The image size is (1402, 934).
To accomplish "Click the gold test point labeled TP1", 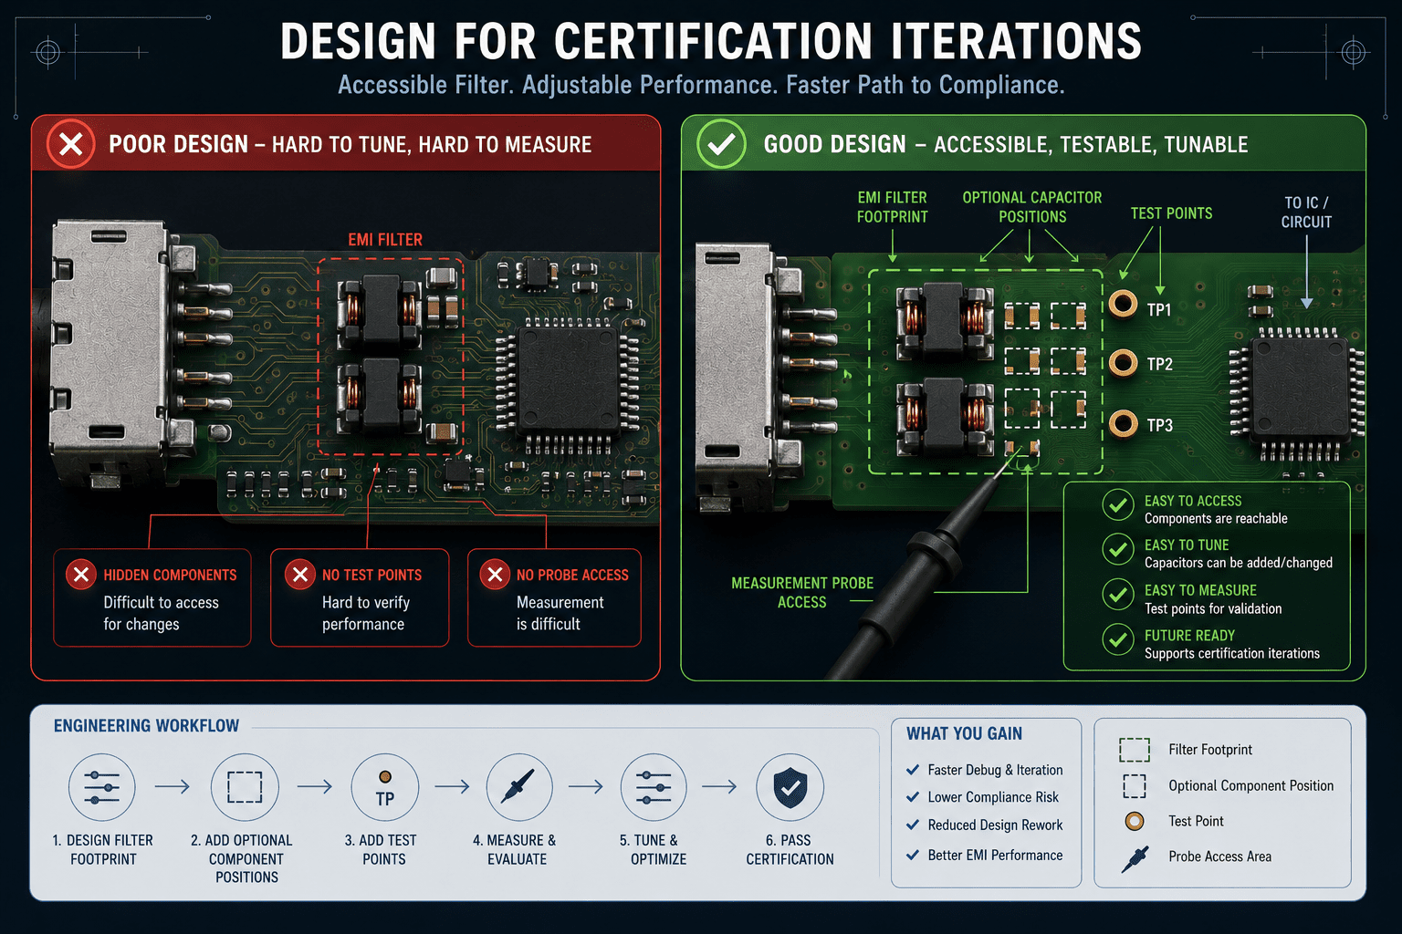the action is (x=1123, y=305).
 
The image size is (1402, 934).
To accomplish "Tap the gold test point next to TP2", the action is (x=1123, y=363).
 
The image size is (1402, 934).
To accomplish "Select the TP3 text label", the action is (x=1160, y=425).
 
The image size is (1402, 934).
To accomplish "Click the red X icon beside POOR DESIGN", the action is (x=70, y=144).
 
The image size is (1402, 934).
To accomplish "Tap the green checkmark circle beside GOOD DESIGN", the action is (x=721, y=144).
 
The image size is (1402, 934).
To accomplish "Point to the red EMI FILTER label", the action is (x=385, y=240).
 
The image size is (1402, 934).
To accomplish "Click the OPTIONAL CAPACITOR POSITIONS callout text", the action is (x=1032, y=207).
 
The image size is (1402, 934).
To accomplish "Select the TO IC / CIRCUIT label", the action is (x=1306, y=213).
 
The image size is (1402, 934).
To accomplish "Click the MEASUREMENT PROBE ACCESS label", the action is (x=801, y=593).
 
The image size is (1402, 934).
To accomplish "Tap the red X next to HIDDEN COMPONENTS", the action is (x=81, y=575).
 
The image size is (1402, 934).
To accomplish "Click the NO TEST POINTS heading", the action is (x=371, y=575).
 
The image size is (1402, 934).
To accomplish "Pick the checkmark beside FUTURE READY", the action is (x=1118, y=639).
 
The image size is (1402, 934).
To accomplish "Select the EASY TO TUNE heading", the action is (x=1187, y=545).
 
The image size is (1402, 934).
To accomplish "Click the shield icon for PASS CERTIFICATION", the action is (x=790, y=787).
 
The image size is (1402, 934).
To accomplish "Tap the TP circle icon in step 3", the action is (x=385, y=787).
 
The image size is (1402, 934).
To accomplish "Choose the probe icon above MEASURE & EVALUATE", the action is (x=518, y=786).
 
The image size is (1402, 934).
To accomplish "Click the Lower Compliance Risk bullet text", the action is (x=993, y=797).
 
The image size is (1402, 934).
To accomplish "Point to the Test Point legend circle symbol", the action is (x=1135, y=822).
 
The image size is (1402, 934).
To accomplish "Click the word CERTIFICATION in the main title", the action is (x=713, y=42).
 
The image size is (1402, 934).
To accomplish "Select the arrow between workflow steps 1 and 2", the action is (x=173, y=786).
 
